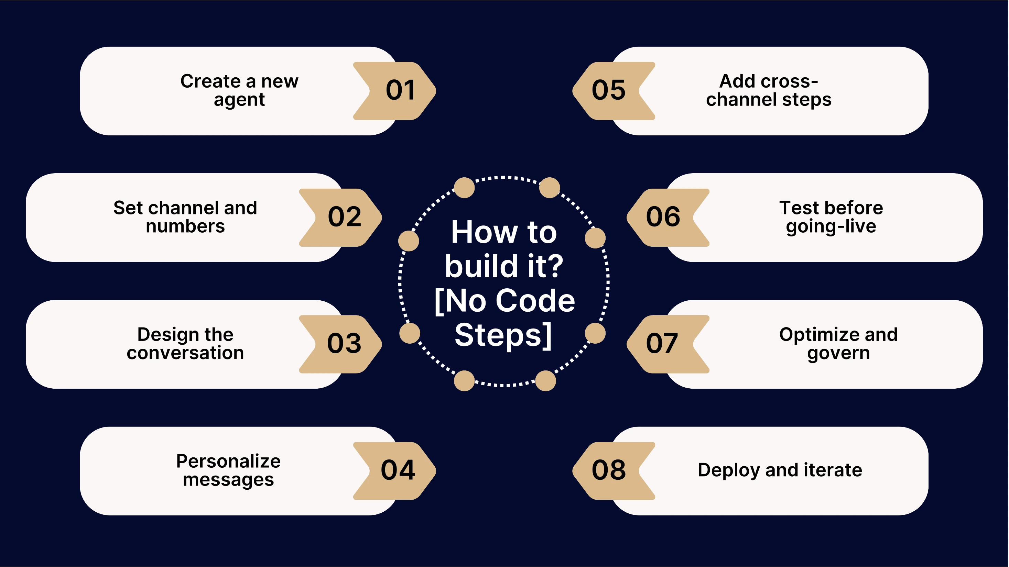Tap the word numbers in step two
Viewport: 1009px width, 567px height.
(185, 226)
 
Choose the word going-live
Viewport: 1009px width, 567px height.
(831, 226)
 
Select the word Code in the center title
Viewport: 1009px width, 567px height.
(535, 301)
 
